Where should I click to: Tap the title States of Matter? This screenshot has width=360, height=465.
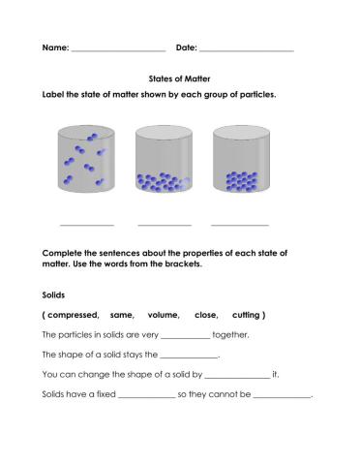click(x=180, y=77)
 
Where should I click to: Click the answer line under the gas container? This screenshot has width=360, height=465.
click(x=87, y=224)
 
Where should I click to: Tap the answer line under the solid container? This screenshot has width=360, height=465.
click(x=241, y=224)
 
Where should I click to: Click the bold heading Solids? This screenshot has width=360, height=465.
click(x=56, y=294)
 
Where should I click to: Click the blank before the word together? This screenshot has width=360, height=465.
click(x=185, y=337)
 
